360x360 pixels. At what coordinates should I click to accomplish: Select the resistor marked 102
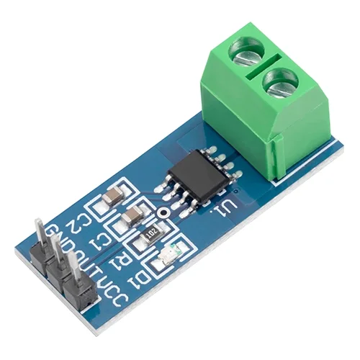point(153,233)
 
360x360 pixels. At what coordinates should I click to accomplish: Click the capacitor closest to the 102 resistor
point(132,216)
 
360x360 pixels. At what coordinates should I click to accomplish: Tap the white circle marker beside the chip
point(165,214)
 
